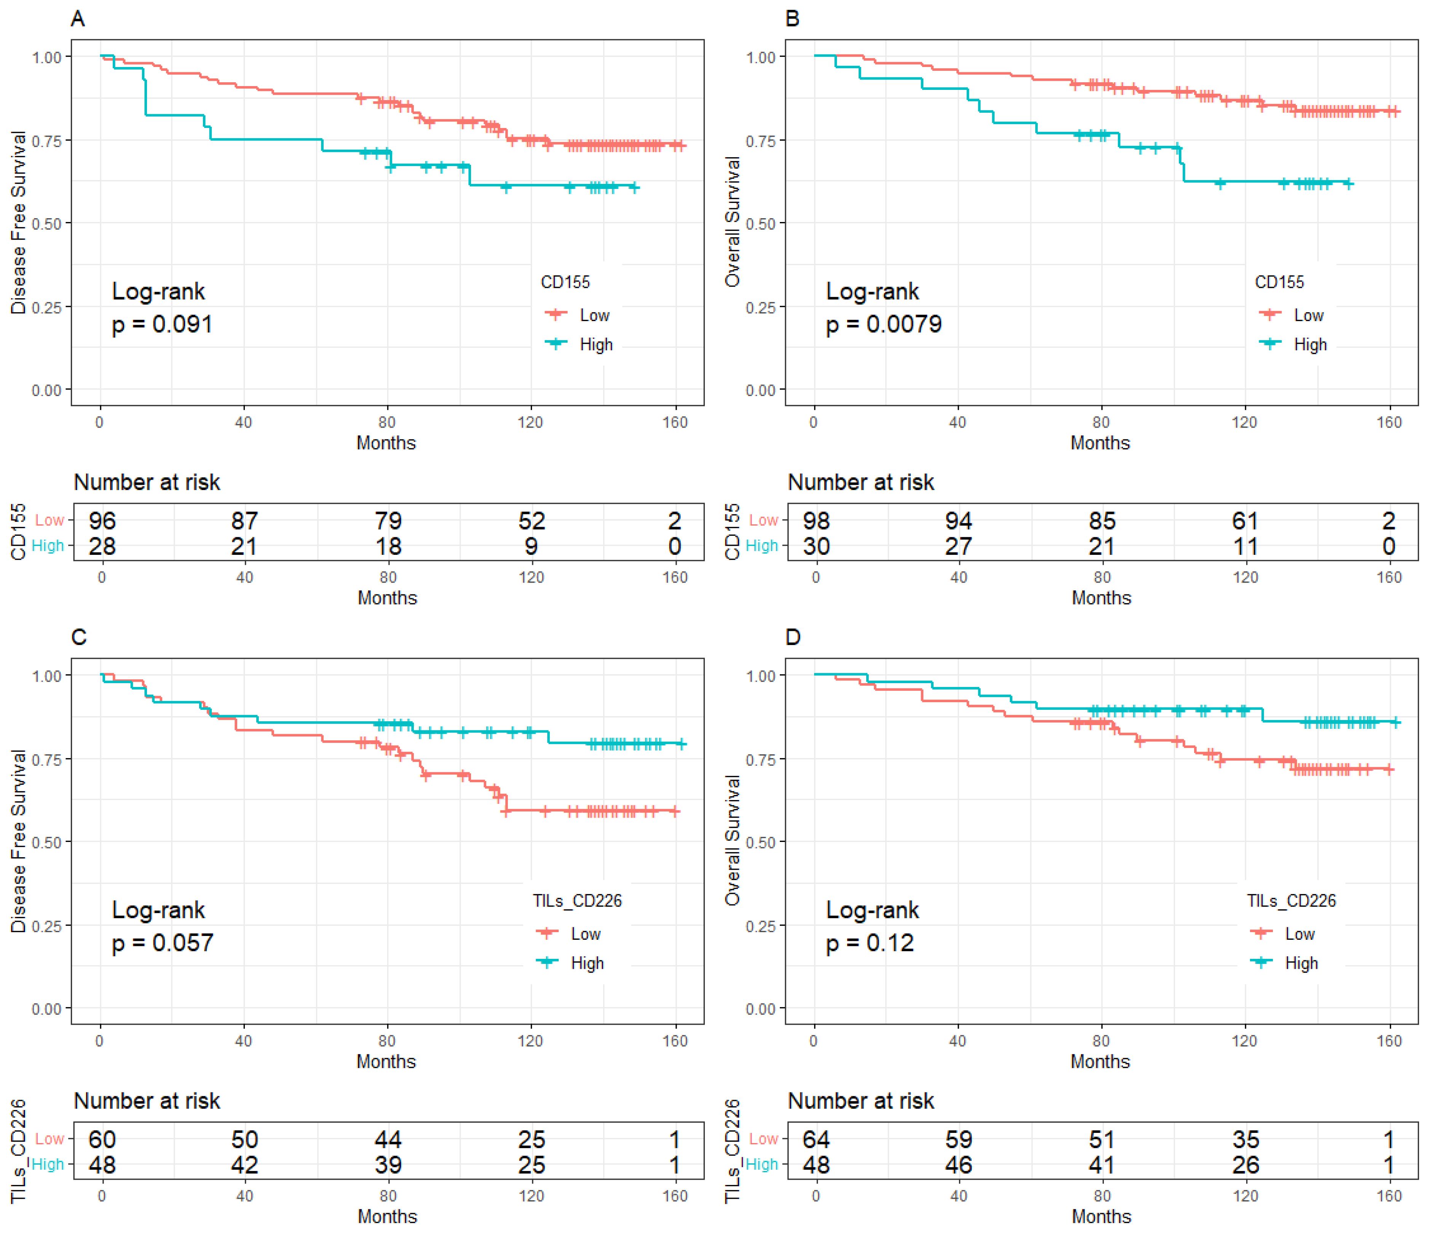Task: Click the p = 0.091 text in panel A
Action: [162, 324]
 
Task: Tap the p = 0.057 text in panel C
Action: [163, 943]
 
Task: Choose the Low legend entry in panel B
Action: [1308, 315]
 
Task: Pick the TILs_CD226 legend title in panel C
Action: [577, 901]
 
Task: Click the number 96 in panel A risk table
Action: [102, 521]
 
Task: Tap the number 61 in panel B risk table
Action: [1245, 521]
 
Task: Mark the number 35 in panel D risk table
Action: [1245, 1139]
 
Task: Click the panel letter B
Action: [792, 19]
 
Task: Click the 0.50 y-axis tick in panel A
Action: [47, 224]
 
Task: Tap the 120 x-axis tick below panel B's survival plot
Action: [1245, 422]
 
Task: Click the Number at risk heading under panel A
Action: [147, 482]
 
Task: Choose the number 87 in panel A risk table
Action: [245, 521]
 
